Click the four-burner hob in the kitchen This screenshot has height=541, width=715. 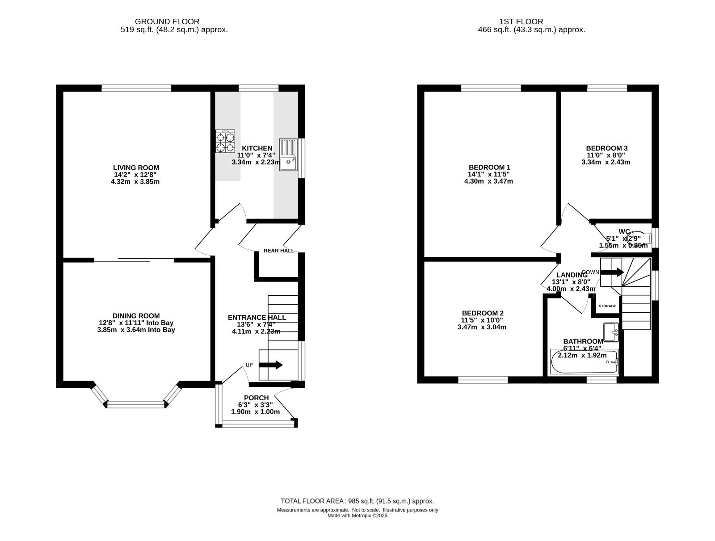pos(225,141)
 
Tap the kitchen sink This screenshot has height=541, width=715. pos(288,155)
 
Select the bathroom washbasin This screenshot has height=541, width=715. pos(611,332)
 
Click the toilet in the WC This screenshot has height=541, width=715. pos(639,238)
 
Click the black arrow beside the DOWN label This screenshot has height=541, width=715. pos(612,272)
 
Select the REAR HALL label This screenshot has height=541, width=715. pos(279,251)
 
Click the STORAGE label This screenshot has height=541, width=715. pos(607,306)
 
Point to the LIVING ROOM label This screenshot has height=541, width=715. pos(136,168)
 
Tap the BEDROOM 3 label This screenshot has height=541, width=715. pos(607,148)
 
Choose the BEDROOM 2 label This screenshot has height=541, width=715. pos(483,313)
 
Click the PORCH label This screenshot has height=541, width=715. pos(257,398)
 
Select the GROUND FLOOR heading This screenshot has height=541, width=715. pos(167,21)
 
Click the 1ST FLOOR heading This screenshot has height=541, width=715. pos(521,21)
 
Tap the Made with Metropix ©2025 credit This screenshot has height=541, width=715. pos(357,516)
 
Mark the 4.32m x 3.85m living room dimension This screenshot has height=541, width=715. pos(135,182)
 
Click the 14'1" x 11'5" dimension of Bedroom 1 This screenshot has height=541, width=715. pos(488,175)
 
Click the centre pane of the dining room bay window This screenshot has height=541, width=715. pos(136,405)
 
